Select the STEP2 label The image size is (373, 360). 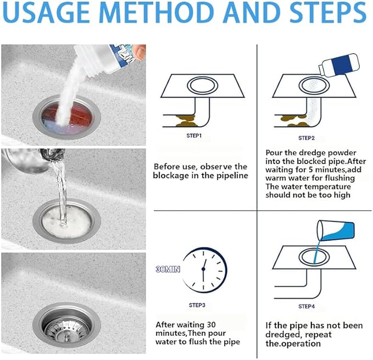(x=306, y=138)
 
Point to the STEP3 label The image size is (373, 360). (x=196, y=304)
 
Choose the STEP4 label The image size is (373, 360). (x=306, y=306)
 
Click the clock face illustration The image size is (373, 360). (x=204, y=271)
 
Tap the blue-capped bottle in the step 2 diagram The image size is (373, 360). (x=339, y=66)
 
